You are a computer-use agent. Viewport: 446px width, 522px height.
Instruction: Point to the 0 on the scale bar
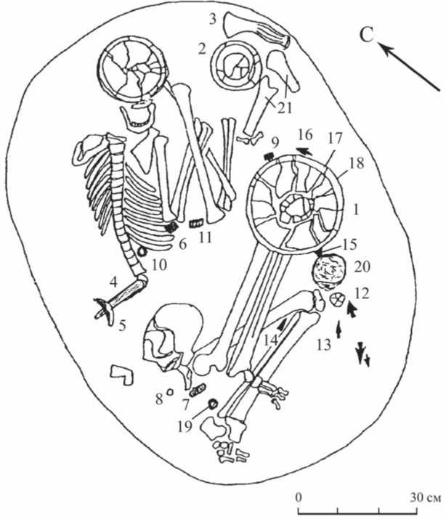point(299,498)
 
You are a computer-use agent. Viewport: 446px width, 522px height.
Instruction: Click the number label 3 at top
point(213,20)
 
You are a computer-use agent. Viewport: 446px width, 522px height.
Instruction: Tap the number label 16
point(305,134)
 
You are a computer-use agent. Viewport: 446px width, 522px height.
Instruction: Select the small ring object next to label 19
point(214,404)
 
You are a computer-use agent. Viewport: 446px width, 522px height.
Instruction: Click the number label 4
point(113,280)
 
